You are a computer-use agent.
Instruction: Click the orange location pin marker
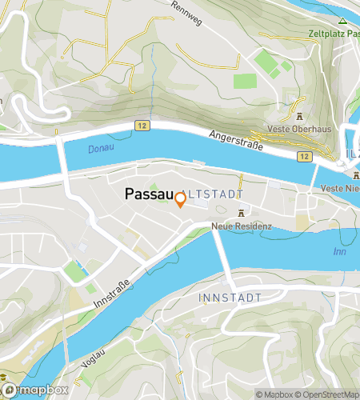click(180, 200)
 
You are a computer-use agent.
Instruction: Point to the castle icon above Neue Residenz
click(241, 213)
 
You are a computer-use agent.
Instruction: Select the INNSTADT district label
click(229, 297)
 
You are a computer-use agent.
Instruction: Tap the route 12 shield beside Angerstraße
click(305, 156)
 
